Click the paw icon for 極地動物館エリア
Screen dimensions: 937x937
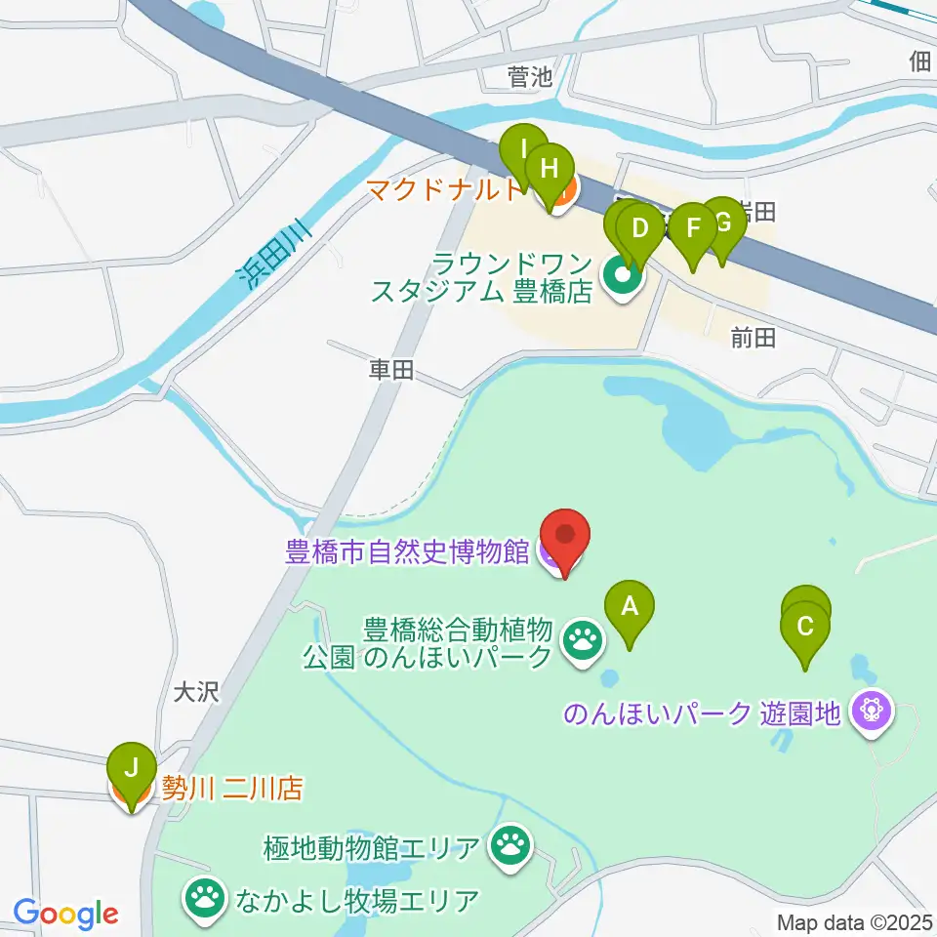click(x=509, y=845)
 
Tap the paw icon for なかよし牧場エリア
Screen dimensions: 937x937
click(x=204, y=898)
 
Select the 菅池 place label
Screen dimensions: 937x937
click(x=530, y=77)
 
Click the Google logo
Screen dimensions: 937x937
click(x=65, y=914)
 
